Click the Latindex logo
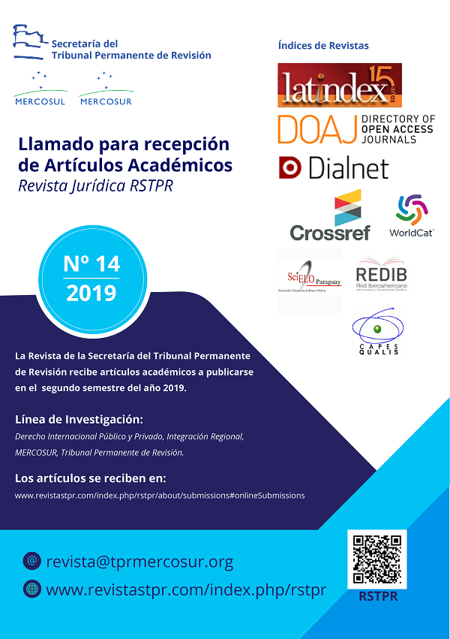[340, 84]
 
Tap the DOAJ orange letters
[316, 129]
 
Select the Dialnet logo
[333, 167]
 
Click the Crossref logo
[330, 216]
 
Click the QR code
[376, 559]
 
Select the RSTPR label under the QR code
[376, 597]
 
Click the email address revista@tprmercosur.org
[139, 562]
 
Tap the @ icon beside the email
[31, 561]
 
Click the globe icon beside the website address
[31, 589]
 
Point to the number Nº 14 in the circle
[91, 264]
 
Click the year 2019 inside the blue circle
[91, 293]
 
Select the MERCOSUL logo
[40, 89]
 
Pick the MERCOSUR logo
[106, 89]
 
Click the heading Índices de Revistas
[323, 46]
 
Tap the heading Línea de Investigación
[79, 418]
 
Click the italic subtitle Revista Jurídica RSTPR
[95, 185]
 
